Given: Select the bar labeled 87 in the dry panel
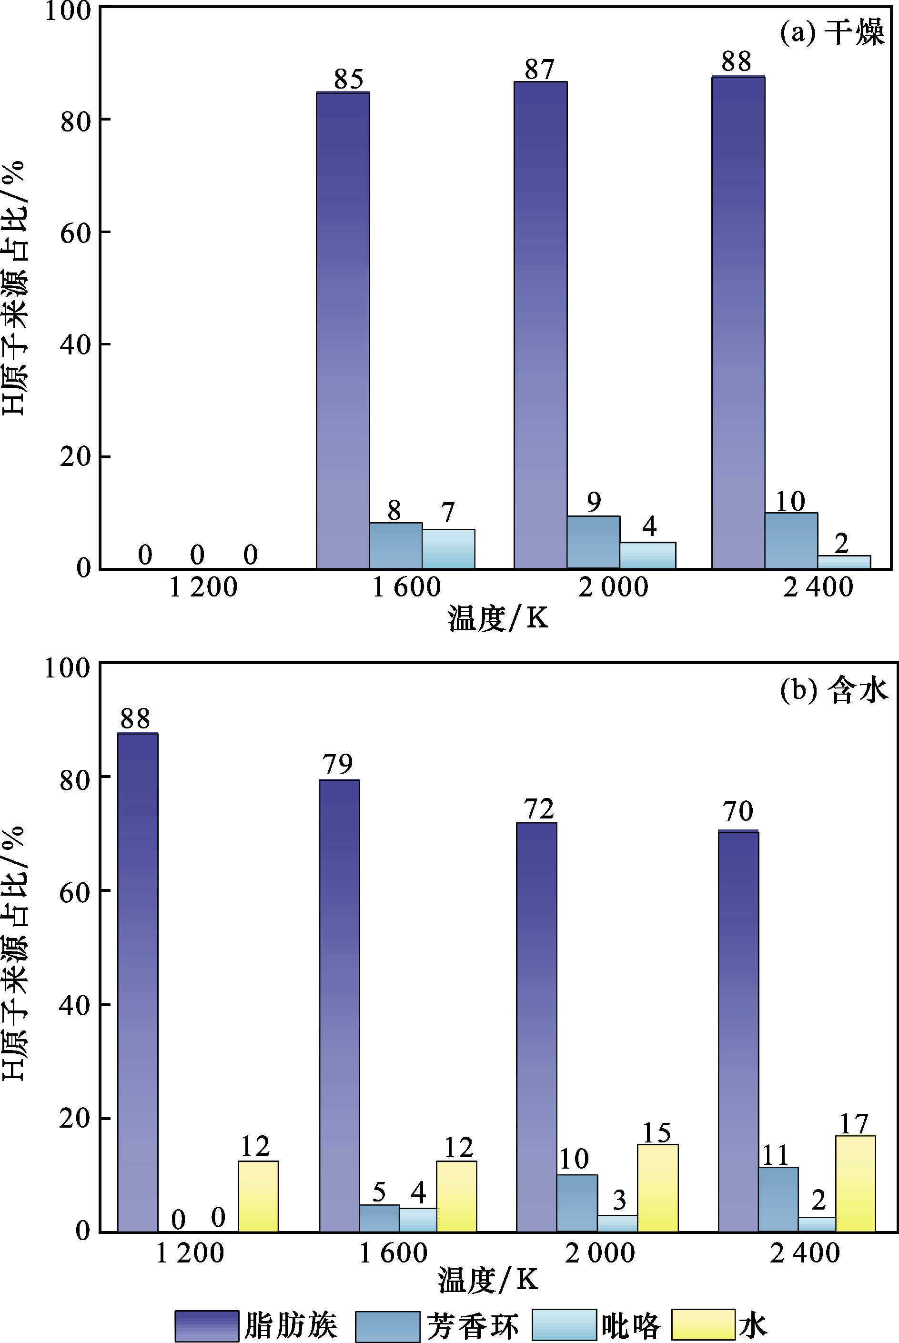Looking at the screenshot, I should click(540, 324).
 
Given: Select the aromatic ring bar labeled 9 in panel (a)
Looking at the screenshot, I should click(594, 542).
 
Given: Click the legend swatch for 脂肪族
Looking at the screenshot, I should click(206, 1325).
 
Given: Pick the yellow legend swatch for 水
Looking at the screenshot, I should click(703, 1324).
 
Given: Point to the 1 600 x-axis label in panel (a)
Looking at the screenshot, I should click(406, 587).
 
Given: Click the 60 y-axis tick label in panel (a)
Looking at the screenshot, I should click(76, 232).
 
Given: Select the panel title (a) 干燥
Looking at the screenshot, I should click(832, 33).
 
